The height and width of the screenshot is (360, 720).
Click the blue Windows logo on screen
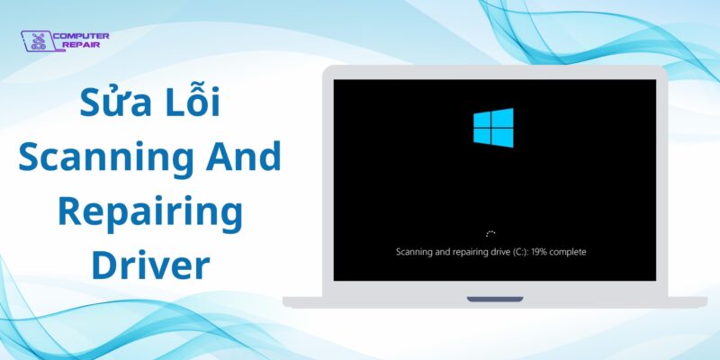(x=493, y=127)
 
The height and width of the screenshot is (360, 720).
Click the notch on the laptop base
(x=495, y=298)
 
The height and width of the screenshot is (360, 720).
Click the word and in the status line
(x=437, y=252)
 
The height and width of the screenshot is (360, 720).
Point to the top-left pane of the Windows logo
(x=483, y=120)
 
